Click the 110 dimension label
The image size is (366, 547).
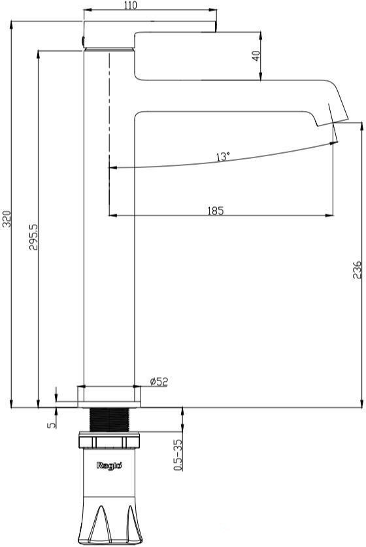point(130,5)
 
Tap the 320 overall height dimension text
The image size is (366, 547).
point(7,219)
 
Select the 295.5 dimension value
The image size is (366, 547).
point(33,237)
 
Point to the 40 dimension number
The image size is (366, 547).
point(256,56)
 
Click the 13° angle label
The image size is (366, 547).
point(223,156)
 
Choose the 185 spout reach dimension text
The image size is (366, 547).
point(215,210)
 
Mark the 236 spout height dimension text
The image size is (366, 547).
point(357,270)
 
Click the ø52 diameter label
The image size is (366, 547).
point(159,381)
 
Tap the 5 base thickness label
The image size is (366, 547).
point(52,425)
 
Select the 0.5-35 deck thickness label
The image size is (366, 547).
point(178,455)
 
